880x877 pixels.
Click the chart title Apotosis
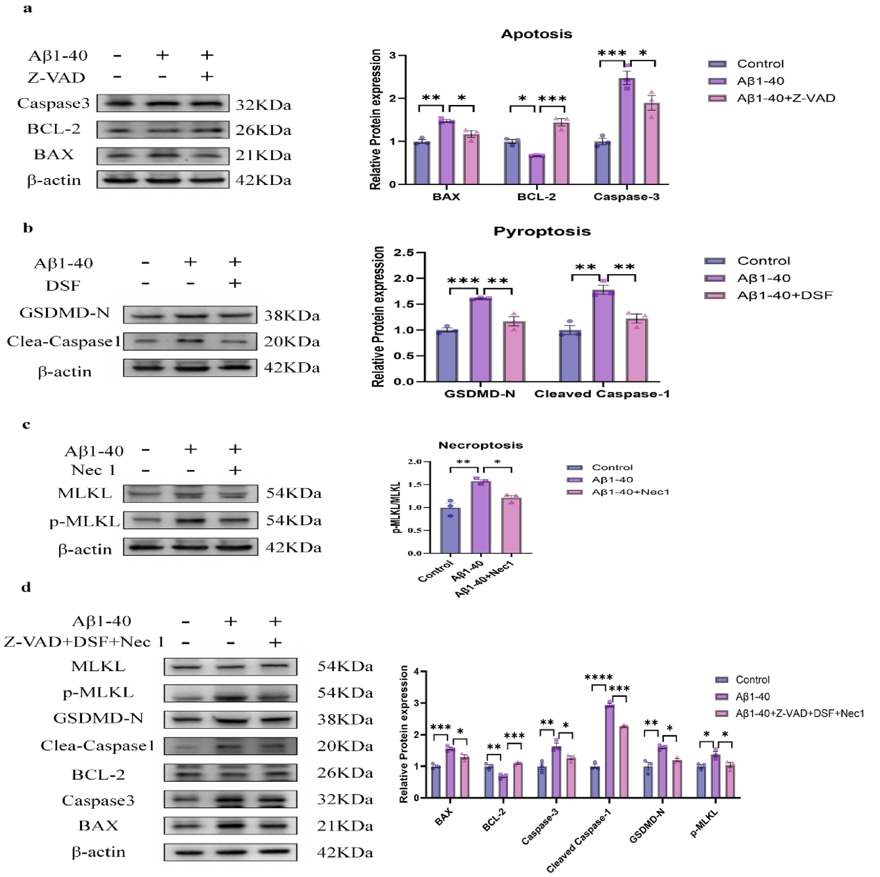pyautogui.click(x=536, y=34)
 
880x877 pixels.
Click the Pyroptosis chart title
pyautogui.click(x=542, y=231)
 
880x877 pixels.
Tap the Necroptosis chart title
pyautogui.click(x=481, y=445)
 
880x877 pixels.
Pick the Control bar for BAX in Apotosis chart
pyautogui.click(x=421, y=163)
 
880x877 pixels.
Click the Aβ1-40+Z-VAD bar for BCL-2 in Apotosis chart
pyautogui.click(x=562, y=153)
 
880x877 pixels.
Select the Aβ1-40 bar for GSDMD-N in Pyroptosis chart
pyautogui.click(x=480, y=339)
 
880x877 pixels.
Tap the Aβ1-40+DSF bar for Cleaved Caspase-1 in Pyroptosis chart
pyautogui.click(x=636, y=350)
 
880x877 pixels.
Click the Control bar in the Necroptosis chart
pyautogui.click(x=450, y=530)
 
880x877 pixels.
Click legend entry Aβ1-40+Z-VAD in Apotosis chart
pyautogui.click(x=786, y=98)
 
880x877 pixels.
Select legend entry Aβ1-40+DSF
pyautogui.click(x=785, y=296)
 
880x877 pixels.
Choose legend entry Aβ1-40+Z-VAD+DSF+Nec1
pyautogui.click(x=799, y=714)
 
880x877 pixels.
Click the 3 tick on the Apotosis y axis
pyautogui.click(x=392, y=55)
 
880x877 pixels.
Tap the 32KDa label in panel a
pyautogui.click(x=263, y=105)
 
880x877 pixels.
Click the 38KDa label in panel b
pyautogui.click(x=292, y=316)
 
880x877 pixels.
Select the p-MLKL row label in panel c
pyautogui.click(x=84, y=521)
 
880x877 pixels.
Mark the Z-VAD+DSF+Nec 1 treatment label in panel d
pyautogui.click(x=84, y=642)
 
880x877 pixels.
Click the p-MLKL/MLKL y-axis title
pyautogui.click(x=397, y=507)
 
